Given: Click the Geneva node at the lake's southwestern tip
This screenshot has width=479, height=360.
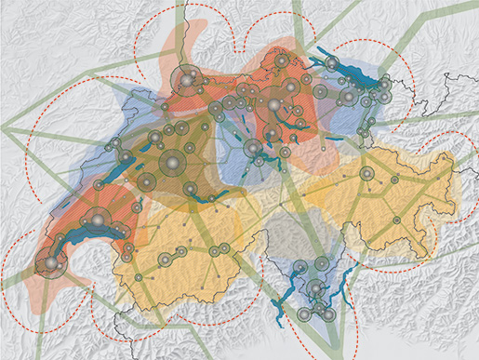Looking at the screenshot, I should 49,265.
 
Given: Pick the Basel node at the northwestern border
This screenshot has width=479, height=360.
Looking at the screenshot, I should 184,81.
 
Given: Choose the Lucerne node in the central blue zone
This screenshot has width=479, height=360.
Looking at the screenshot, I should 251,149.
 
